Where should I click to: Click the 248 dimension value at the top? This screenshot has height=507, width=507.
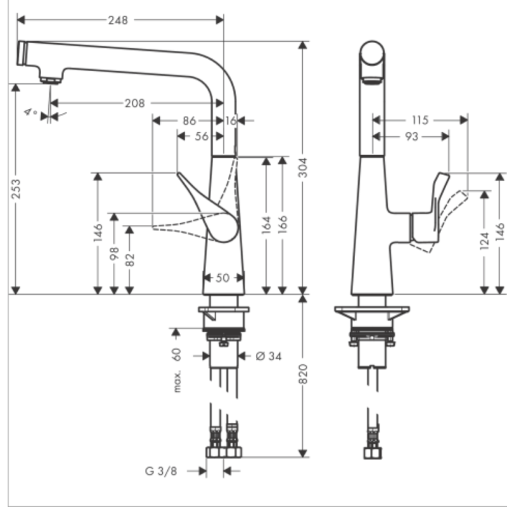(117, 20)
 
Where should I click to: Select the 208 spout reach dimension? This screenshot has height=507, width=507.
(134, 103)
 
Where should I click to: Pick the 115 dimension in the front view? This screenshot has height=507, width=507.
(419, 119)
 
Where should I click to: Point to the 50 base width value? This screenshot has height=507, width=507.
(223, 278)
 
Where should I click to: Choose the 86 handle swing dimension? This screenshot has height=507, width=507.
(189, 119)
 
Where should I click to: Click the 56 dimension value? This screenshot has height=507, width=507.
(202, 136)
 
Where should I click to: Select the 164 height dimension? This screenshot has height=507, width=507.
(266, 223)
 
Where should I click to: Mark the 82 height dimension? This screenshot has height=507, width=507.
(130, 260)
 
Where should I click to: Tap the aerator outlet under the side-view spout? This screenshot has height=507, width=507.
(51, 80)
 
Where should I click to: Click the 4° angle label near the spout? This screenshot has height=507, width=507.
(30, 112)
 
